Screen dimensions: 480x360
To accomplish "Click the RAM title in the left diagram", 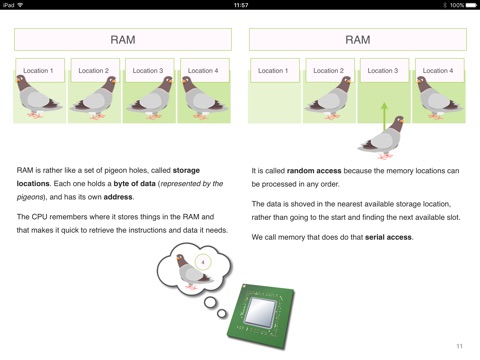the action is [123, 40].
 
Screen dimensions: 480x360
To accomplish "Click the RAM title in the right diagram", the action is [358, 40].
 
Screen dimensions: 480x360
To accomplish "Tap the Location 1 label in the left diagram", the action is [38, 71].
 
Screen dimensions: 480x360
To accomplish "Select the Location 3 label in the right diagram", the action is [383, 71].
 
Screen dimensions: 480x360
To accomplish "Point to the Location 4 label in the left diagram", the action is [203, 71].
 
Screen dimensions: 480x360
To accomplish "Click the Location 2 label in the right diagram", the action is [328, 71].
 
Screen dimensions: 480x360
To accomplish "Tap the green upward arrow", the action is [384, 116].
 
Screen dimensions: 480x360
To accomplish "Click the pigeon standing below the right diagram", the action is [382, 138].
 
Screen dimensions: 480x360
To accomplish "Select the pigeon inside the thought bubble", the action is [193, 272].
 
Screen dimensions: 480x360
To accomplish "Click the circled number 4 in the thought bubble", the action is [203, 262].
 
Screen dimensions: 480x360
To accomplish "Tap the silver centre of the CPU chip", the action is [261, 311].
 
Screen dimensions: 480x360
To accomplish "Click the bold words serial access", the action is [388, 237].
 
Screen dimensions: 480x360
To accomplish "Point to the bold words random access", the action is [314, 171].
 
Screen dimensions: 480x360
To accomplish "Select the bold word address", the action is [118, 197].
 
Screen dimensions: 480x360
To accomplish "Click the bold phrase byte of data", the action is [134, 184].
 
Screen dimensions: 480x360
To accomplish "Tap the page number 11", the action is [459, 346].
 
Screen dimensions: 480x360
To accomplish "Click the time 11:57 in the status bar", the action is [241, 5].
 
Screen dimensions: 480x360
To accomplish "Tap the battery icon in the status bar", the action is [471, 5].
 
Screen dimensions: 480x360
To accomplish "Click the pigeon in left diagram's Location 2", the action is [94, 98].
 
